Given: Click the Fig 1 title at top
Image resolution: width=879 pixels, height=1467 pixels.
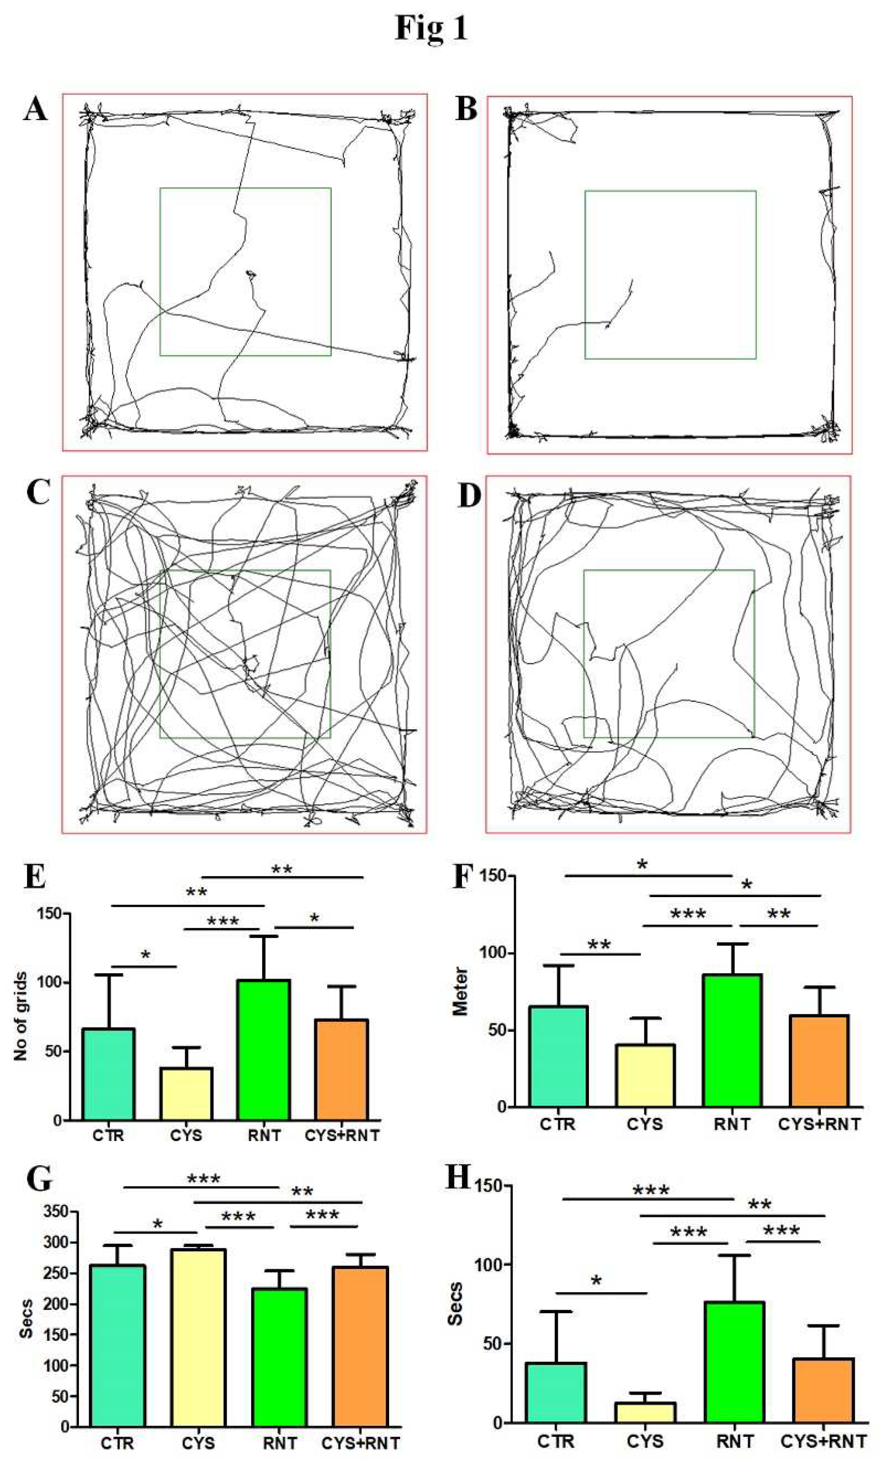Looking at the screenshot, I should click(431, 28).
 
